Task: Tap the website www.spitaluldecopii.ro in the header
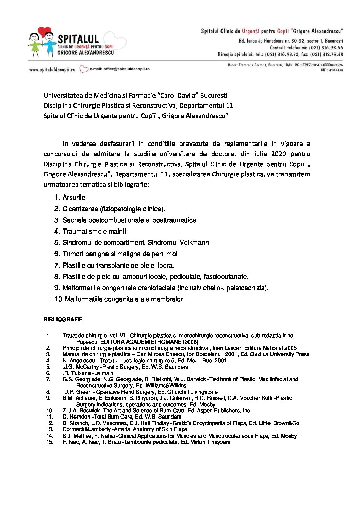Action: pyautogui.click(x=52, y=70)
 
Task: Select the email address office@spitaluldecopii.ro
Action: pyautogui.click(x=126, y=69)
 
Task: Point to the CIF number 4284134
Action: pyautogui.click(x=336, y=70)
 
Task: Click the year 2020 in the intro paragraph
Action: pyautogui.click(x=279, y=154)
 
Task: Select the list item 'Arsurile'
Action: pyautogui.click(x=74, y=198)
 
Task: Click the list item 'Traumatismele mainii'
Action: pyautogui.click(x=94, y=232)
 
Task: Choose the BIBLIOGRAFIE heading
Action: pyautogui.click(x=63, y=320)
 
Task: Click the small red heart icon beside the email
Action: pyautogui.click(x=84, y=69)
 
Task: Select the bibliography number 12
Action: pyautogui.click(x=50, y=423)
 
